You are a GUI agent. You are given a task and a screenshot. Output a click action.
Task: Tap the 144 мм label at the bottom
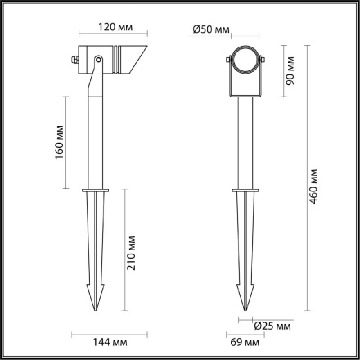96,342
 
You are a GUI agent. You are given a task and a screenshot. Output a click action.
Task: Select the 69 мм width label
236,342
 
